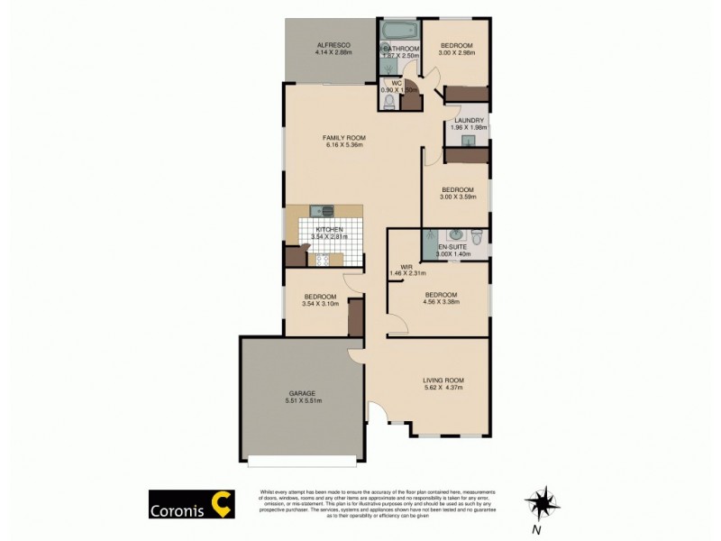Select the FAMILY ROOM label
pos(344,138)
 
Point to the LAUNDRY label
pos(469,120)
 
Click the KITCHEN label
pos(329,229)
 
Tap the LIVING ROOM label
pos(443,381)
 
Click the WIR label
pos(406,267)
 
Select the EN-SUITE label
pos(452,247)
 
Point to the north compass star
pos(541,501)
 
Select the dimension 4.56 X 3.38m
pos(442,302)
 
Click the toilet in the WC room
pos(388,103)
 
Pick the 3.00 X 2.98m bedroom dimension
pos(456,52)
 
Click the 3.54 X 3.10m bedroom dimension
pos(320,304)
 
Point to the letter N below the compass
pos(535,530)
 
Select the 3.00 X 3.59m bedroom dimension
pos(457,197)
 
